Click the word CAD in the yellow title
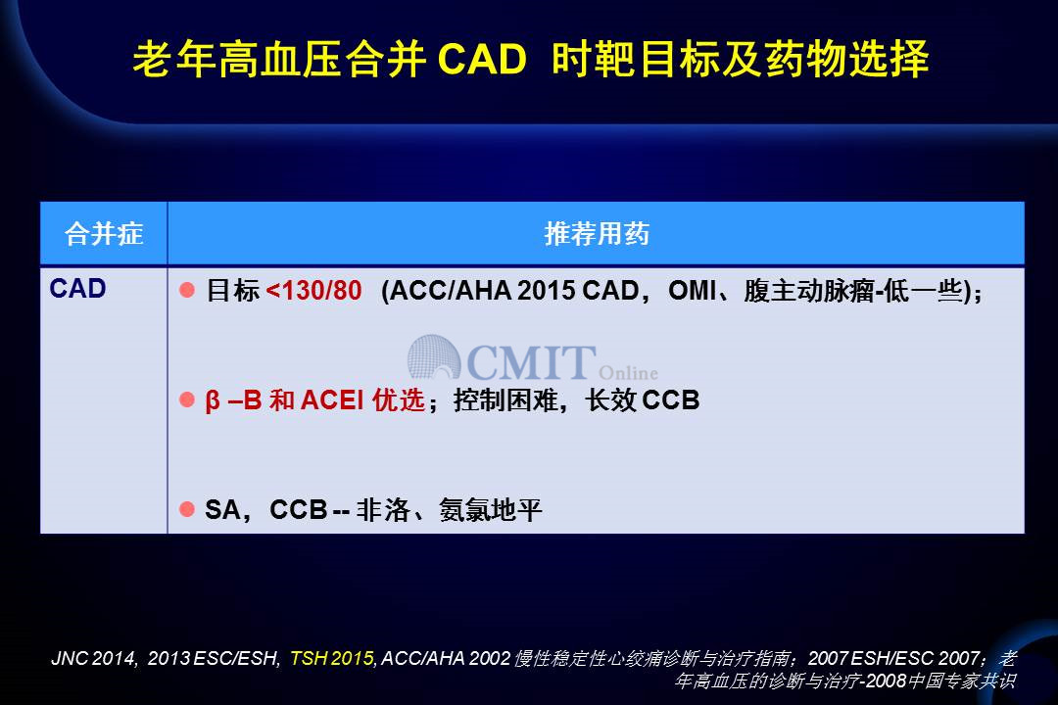pos(482,59)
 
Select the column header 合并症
pos(104,234)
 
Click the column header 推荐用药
pos(597,234)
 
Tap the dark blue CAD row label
pos(77,289)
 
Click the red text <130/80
pos(313,291)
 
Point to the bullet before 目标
pos(187,290)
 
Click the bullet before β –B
pos(187,400)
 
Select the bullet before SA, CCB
pos(187,509)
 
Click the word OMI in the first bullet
pos(692,291)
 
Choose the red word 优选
pos(399,400)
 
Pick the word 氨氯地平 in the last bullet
pos(491,510)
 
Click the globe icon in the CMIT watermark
pos(433,356)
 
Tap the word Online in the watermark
pos(628,372)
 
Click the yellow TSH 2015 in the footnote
pos(332,658)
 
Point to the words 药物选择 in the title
pos(846,59)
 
